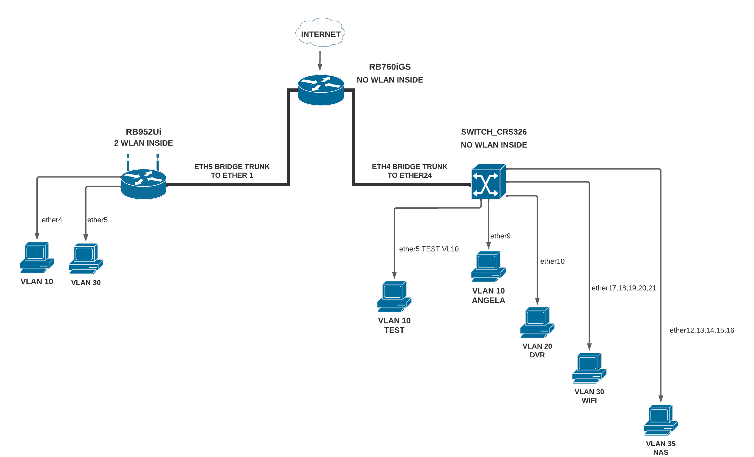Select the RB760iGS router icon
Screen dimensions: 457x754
(321, 90)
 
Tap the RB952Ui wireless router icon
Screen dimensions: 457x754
(143, 183)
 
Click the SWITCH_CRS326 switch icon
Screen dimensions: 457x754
(488, 182)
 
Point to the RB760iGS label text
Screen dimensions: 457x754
(390, 67)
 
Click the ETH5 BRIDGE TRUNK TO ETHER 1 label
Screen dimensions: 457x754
(232, 171)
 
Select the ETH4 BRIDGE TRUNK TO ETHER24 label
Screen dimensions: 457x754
(409, 171)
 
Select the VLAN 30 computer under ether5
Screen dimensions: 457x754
(85, 259)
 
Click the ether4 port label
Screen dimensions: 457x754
(52, 220)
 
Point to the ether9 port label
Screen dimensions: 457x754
(500, 236)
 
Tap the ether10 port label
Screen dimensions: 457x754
(552, 261)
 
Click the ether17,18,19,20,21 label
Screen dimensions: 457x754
(624, 288)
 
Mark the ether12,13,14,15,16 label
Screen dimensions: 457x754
(702, 330)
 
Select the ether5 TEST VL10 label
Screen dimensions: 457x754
(429, 249)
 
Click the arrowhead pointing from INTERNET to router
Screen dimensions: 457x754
(320, 67)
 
